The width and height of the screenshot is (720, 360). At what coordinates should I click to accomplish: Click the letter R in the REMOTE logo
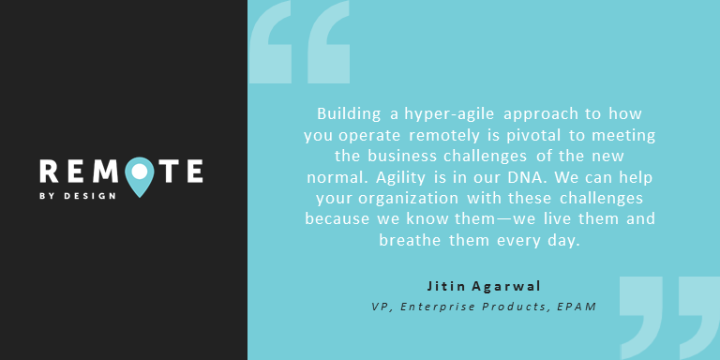(x=50, y=171)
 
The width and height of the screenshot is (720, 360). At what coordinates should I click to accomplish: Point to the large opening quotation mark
(x=301, y=42)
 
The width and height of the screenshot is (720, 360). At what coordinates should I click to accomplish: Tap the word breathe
(x=409, y=240)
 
